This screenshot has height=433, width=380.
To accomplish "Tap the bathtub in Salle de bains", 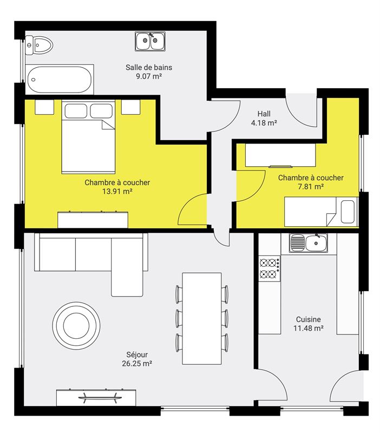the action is (x=60, y=80).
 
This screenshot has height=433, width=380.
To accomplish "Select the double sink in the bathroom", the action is (x=150, y=41).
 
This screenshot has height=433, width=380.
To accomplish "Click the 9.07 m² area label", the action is (x=148, y=76).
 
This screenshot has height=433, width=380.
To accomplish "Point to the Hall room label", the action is (x=264, y=114).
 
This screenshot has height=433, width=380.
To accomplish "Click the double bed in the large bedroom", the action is (x=88, y=137).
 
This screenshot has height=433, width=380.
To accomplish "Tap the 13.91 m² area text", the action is (x=117, y=192).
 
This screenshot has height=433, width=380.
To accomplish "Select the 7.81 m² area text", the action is (x=311, y=187).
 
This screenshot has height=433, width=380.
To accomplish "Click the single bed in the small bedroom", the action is (x=321, y=212).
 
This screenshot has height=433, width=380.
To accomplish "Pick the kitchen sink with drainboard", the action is (x=309, y=242).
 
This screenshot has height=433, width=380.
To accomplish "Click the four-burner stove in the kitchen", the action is (x=269, y=268).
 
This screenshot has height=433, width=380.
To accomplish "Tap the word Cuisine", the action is (x=308, y=319).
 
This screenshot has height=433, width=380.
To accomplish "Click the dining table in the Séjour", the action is (x=202, y=318).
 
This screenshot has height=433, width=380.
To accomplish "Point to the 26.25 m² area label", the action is (x=137, y=363).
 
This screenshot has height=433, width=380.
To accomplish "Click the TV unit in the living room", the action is (x=96, y=397).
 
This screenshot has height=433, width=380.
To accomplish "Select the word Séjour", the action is (x=137, y=355).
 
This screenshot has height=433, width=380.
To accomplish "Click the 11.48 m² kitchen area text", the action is (x=309, y=329).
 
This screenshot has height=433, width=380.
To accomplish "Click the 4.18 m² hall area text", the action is (x=264, y=123).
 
